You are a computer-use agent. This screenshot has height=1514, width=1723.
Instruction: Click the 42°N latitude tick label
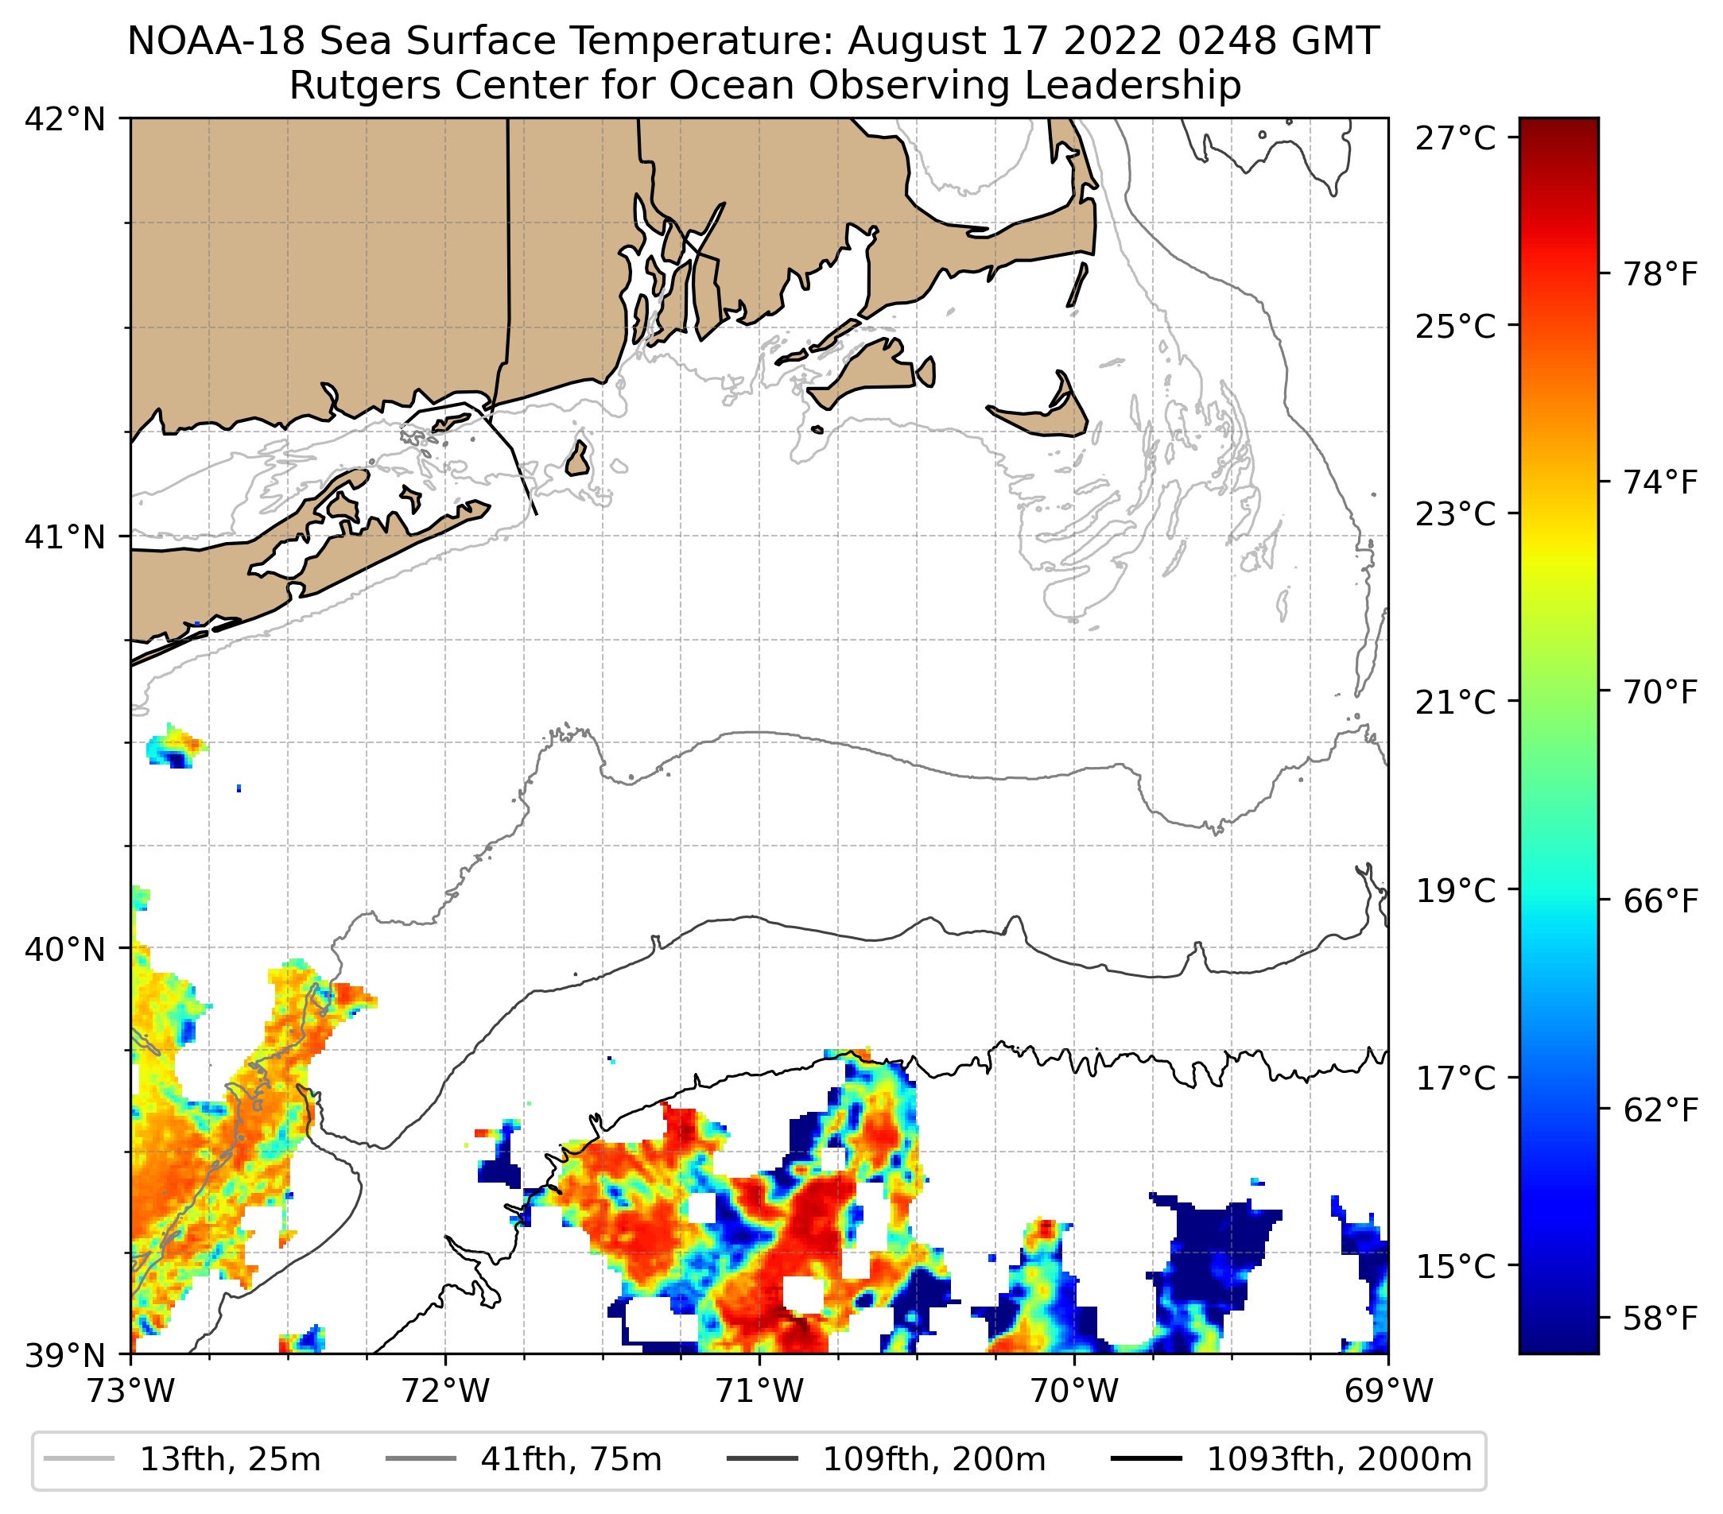point(65,120)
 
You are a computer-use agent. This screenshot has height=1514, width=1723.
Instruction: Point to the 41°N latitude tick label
point(65,536)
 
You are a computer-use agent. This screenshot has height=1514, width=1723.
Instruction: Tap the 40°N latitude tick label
point(65,950)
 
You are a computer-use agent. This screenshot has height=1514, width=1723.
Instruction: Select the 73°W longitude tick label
point(130,1391)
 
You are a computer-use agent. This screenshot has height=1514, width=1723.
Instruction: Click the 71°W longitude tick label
point(759,1391)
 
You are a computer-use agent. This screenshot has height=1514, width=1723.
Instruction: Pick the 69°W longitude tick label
point(1388,1391)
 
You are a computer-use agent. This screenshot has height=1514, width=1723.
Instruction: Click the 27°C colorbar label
point(1456,138)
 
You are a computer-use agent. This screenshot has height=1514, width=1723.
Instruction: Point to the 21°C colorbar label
point(1456,702)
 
